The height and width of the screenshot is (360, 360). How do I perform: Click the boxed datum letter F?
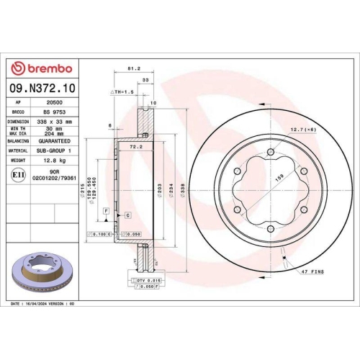[106, 210]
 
